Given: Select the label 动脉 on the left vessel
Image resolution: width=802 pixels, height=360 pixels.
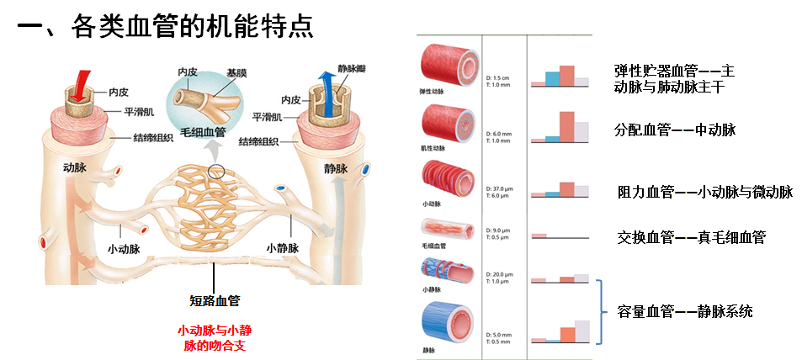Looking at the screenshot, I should (x=76, y=168).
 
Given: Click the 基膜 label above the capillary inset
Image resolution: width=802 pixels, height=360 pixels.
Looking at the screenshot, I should (x=237, y=73).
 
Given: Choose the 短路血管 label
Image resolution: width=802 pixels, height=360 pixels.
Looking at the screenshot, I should (x=215, y=299).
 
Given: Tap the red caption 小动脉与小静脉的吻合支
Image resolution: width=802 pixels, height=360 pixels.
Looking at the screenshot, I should (x=215, y=336).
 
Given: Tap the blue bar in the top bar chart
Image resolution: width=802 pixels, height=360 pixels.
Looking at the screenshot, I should (x=552, y=78).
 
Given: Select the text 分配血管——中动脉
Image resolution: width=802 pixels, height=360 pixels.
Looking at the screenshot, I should (x=675, y=130).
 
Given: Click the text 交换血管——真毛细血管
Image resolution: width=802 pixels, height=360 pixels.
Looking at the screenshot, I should (x=690, y=238).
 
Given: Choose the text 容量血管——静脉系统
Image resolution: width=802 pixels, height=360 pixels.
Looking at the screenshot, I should (x=683, y=312).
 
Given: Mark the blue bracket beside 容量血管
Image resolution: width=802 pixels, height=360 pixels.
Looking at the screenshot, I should (x=602, y=311).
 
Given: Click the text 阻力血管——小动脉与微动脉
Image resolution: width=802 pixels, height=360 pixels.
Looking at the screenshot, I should (x=704, y=193).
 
